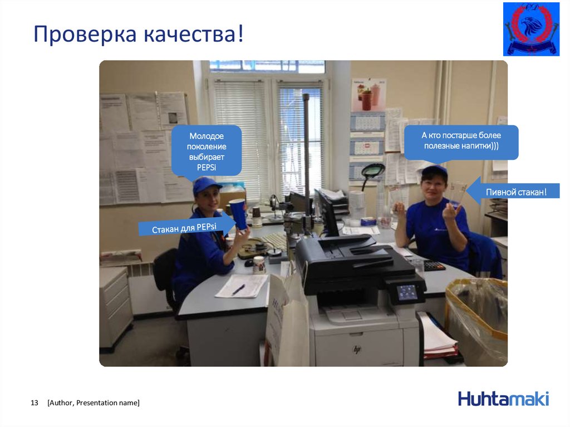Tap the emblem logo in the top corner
[x=531, y=29]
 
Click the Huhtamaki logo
[x=503, y=399]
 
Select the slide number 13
[x=34, y=403]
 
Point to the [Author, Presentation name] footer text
[x=94, y=403]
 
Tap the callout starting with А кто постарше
[x=461, y=141]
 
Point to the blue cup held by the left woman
[x=238, y=213]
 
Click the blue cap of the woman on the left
[x=205, y=185]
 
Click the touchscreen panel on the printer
[x=406, y=291]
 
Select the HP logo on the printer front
[x=357, y=349]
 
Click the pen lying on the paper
[x=239, y=289]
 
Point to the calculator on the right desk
[x=434, y=266]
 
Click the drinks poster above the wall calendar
[x=368, y=95]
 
